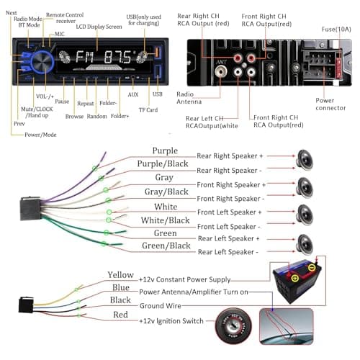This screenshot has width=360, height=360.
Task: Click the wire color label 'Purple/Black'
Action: point(164,164)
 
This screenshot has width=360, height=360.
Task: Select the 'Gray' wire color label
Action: point(164,178)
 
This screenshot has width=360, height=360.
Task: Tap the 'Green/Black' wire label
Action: point(165,247)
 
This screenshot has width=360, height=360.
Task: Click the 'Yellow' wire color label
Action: point(120,274)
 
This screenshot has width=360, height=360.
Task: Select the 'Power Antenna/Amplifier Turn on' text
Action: point(193,292)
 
